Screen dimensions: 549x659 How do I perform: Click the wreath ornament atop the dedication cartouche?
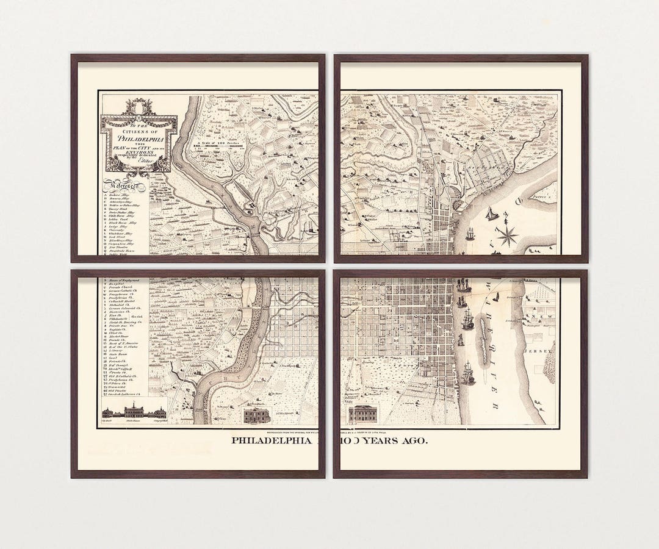139,107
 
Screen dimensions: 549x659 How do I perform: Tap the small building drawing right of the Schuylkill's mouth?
256,415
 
